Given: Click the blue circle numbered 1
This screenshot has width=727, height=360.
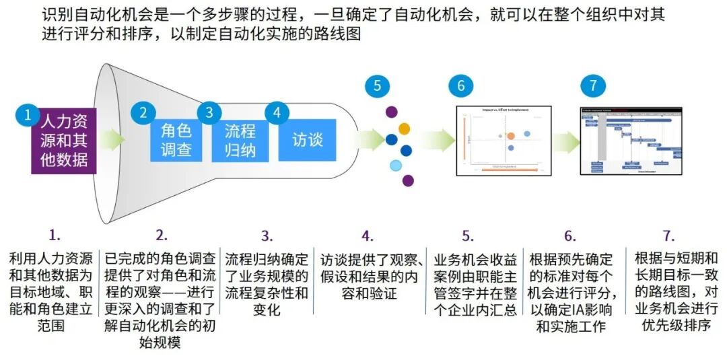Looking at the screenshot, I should point(28,115).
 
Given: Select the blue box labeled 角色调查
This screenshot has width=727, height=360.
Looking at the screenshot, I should point(176,139).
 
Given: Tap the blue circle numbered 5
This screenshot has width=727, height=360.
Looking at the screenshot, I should point(378,85).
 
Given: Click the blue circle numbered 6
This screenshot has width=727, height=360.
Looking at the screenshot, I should point(461,85).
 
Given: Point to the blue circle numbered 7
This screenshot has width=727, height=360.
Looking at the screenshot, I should point(593,85).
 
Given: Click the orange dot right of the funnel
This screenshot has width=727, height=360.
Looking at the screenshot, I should point(404,128).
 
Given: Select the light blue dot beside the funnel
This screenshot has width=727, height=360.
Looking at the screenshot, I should point(396,166).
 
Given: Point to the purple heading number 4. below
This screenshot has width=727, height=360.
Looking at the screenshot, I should point(367,236).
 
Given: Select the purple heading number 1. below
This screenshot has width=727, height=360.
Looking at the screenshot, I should point(55,236).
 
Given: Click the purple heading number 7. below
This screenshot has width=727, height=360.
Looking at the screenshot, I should point(668,236).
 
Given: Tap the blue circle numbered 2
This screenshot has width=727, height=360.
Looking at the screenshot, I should point(143,112).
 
